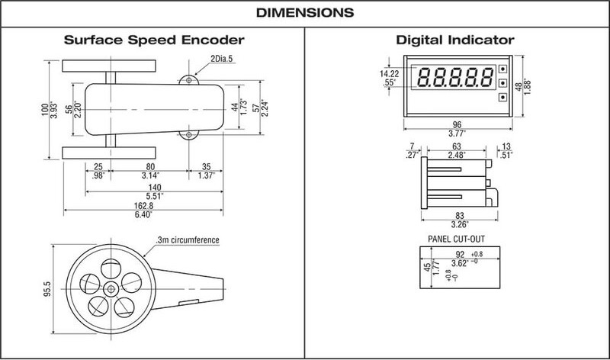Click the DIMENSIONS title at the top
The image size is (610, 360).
(304, 13)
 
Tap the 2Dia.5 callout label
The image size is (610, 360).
(220, 59)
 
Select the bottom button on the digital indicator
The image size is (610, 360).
(502, 97)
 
